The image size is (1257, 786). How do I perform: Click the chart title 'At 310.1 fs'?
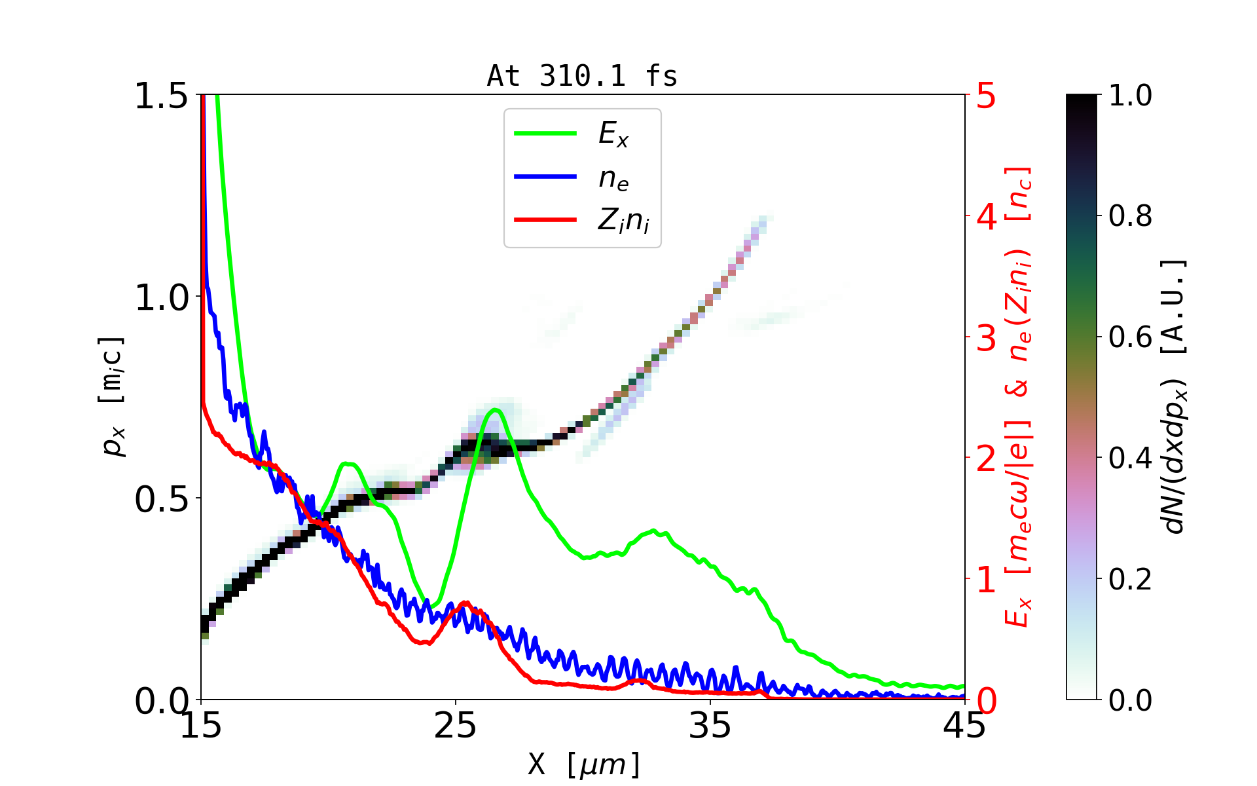pos(582,77)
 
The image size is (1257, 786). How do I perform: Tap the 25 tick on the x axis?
pos(456,726)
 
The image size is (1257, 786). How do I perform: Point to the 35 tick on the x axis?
pos(710,726)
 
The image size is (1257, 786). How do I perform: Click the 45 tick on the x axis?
pos(964,726)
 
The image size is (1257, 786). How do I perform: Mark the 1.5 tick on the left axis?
pos(161,96)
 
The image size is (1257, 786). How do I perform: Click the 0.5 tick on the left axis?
pos(161,500)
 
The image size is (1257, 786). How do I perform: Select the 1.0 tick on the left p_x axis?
pos(161,298)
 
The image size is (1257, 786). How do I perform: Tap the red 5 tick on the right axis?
pos(986,96)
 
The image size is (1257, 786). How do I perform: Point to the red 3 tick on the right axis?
pos(986,338)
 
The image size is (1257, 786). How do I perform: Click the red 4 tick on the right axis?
pos(986,217)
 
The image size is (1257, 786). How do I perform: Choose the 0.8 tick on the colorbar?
pos(1130,216)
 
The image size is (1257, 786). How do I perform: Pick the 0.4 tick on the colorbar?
pos(1130,458)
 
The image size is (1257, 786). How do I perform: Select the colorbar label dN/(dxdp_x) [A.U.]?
pos(1176,397)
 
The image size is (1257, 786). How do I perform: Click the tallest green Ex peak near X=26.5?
pos(496,410)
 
